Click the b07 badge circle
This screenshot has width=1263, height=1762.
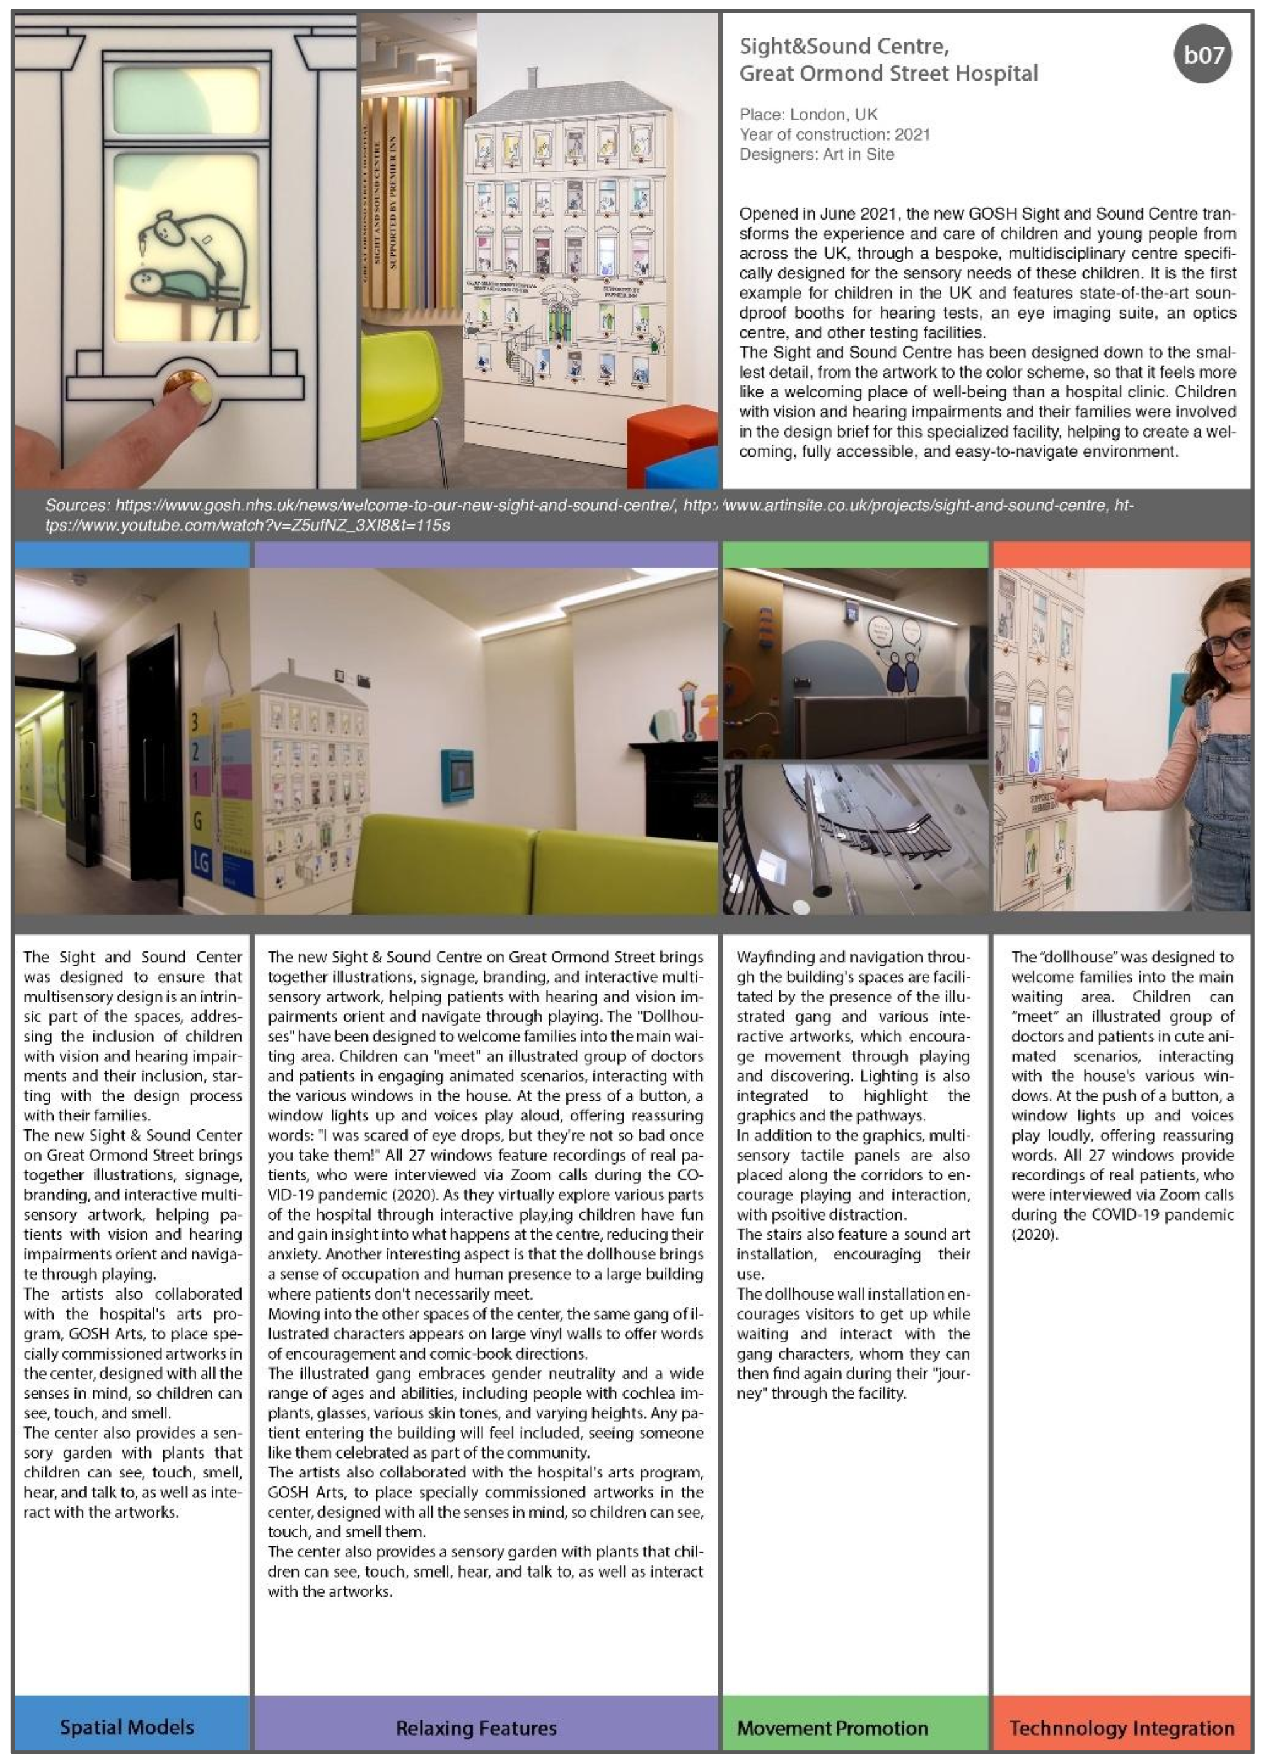click(1202, 55)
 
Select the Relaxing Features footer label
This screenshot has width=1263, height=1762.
click(476, 1728)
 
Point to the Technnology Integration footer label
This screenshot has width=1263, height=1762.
click(1121, 1728)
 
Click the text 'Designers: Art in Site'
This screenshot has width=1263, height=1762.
click(817, 154)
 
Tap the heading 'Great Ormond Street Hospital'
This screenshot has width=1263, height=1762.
click(888, 74)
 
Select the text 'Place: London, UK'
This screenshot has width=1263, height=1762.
click(808, 114)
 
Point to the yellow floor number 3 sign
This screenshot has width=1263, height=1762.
click(195, 722)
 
